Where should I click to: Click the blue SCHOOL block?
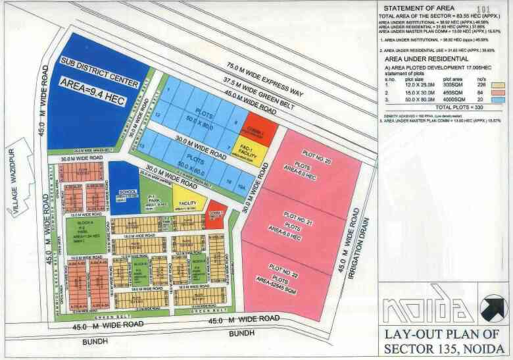pos(124,192)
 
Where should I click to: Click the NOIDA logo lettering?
pos(428,309)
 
